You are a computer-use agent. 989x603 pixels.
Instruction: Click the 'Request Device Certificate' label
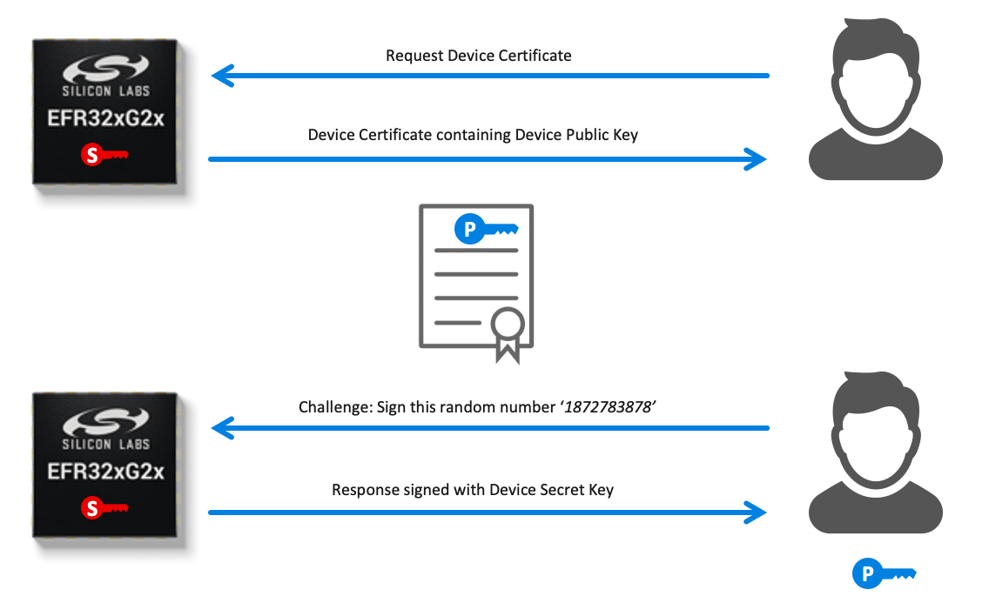point(479,56)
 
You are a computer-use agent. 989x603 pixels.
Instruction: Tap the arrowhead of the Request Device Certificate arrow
point(222,76)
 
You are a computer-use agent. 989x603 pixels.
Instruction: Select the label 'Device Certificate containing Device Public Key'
point(473,135)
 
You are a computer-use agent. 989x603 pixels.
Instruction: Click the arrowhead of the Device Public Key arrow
point(756,159)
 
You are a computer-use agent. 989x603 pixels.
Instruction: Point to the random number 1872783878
point(608,407)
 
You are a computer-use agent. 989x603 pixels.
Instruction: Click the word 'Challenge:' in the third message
point(335,408)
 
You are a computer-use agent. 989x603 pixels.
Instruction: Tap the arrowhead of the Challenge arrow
point(222,428)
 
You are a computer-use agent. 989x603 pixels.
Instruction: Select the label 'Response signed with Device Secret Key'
point(473,490)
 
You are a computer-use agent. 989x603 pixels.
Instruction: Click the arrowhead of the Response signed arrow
point(756,513)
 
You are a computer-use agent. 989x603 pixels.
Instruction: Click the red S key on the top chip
point(104,154)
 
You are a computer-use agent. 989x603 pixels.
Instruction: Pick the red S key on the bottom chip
point(104,507)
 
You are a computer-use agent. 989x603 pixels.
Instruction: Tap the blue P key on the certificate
point(487,229)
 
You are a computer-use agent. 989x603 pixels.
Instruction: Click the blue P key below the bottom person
point(884,573)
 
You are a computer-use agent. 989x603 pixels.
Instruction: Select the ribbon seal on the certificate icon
point(508,335)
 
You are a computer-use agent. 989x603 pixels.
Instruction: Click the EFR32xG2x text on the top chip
point(106,118)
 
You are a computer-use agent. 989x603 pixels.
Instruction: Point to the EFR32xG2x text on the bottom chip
point(106,472)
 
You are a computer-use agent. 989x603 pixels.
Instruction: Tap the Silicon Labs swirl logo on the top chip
point(106,68)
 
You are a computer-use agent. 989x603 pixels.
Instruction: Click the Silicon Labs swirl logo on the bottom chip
point(106,421)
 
